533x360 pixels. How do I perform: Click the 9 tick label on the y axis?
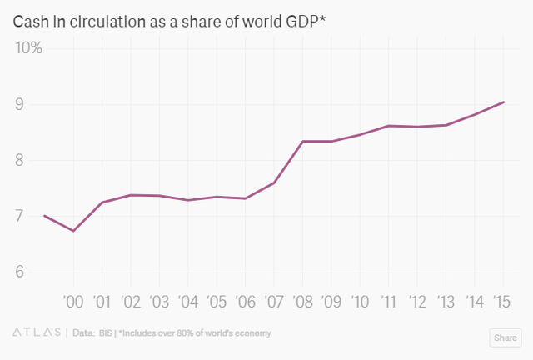tap(37, 105)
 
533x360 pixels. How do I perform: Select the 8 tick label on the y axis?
tap(37, 161)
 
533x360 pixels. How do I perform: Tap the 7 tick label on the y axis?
tap(37, 217)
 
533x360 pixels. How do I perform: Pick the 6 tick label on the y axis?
tap(37, 272)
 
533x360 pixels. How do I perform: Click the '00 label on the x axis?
tap(73, 302)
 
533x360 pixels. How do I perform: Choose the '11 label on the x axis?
tap(387, 302)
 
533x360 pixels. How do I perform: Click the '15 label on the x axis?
tap(501, 302)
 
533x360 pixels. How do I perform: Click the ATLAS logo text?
tap(36, 333)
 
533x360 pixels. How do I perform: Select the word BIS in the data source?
tap(105, 333)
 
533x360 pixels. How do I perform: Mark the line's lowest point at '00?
tap(73, 231)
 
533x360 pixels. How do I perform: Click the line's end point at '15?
tap(503, 102)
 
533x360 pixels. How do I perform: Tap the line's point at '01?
tap(102, 202)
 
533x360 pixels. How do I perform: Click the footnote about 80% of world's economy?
tap(195, 333)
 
